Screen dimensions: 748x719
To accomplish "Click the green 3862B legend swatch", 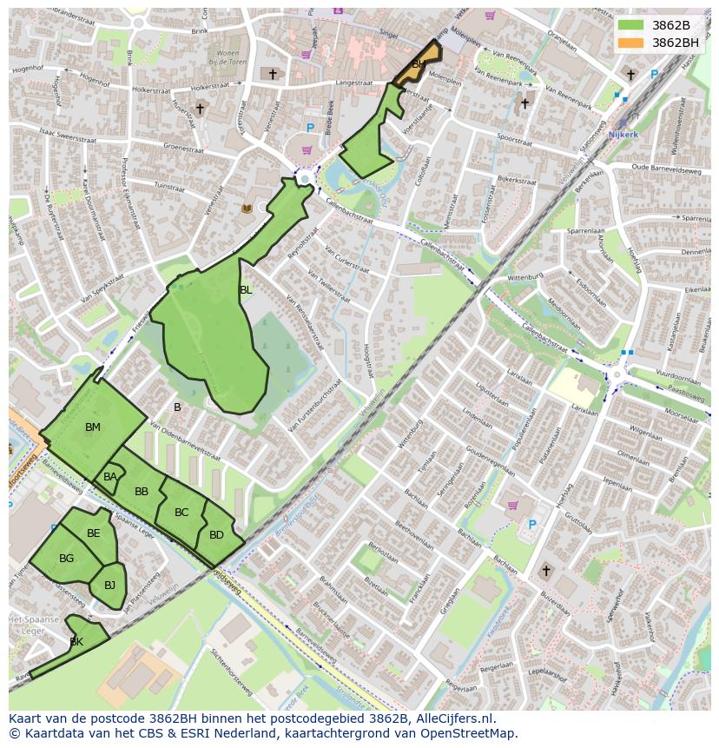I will [630, 24].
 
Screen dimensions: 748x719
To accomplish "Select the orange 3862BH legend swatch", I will [630, 43].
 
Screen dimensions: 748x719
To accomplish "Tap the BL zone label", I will [246, 290].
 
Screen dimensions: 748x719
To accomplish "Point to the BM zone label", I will [93, 427].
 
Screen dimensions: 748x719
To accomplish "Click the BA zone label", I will [110, 477].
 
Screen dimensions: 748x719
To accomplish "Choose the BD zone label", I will [216, 535].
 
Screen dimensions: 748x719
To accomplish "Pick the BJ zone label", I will [109, 586].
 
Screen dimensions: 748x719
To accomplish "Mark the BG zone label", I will [67, 559].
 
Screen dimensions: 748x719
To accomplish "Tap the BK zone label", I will [76, 642].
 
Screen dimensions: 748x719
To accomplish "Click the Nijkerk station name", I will [623, 135].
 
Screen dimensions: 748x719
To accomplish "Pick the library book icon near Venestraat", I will [247, 209].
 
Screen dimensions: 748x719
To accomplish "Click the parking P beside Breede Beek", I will [310, 129].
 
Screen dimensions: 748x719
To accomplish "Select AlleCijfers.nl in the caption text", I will [452, 718].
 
